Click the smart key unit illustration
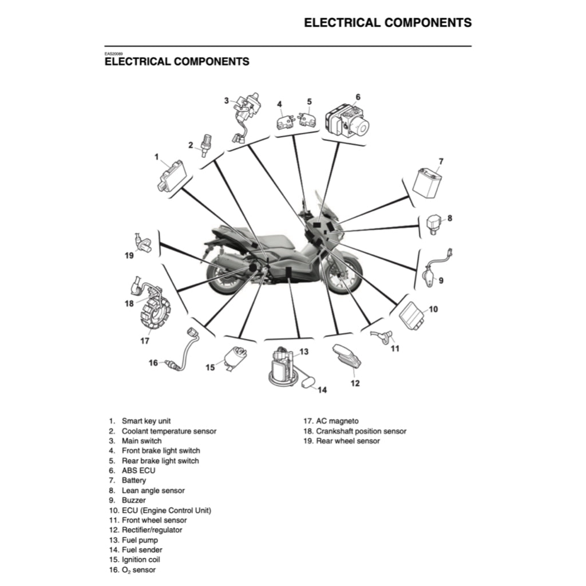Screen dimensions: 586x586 (172, 176)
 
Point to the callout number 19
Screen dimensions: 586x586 (129, 255)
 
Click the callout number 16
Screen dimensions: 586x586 (153, 362)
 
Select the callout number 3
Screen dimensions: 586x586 (226, 100)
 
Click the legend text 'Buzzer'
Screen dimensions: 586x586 (133, 500)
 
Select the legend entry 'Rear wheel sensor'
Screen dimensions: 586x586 (348, 441)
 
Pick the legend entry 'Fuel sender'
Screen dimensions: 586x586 (142, 550)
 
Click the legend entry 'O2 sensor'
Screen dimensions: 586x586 (138, 570)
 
